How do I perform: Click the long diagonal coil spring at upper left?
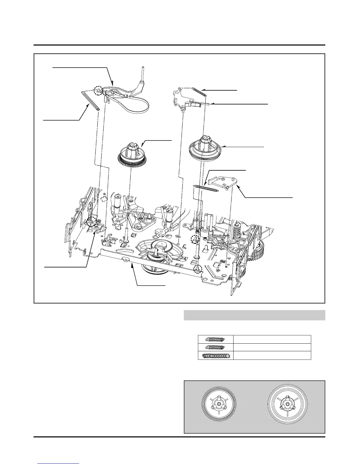tap(90, 100)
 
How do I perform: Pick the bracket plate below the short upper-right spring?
tap(185, 99)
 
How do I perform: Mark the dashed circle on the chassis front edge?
tap(198, 268)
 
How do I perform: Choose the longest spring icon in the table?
tap(216, 355)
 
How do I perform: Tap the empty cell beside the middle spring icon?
tap(272, 347)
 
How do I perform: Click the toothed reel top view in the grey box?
tap(218, 406)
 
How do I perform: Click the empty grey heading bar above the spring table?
tap(254, 315)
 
